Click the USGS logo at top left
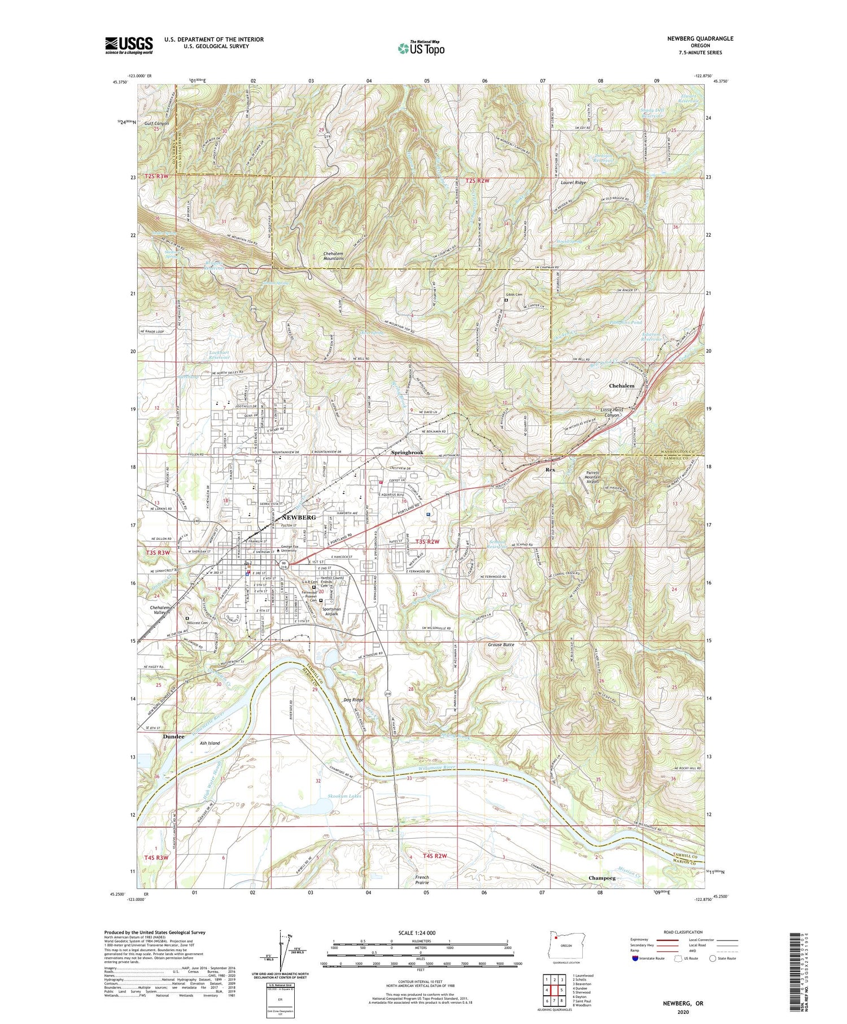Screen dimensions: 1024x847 [129, 45]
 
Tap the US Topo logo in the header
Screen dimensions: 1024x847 [421, 49]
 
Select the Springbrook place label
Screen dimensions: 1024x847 [407, 453]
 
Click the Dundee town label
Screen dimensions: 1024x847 [174, 737]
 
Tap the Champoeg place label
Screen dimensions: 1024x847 [601, 878]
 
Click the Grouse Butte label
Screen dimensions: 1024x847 [501, 644]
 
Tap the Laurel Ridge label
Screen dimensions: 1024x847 [573, 183]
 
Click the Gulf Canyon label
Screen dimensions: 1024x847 [156, 123]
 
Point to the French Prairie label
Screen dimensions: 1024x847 [422, 880]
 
